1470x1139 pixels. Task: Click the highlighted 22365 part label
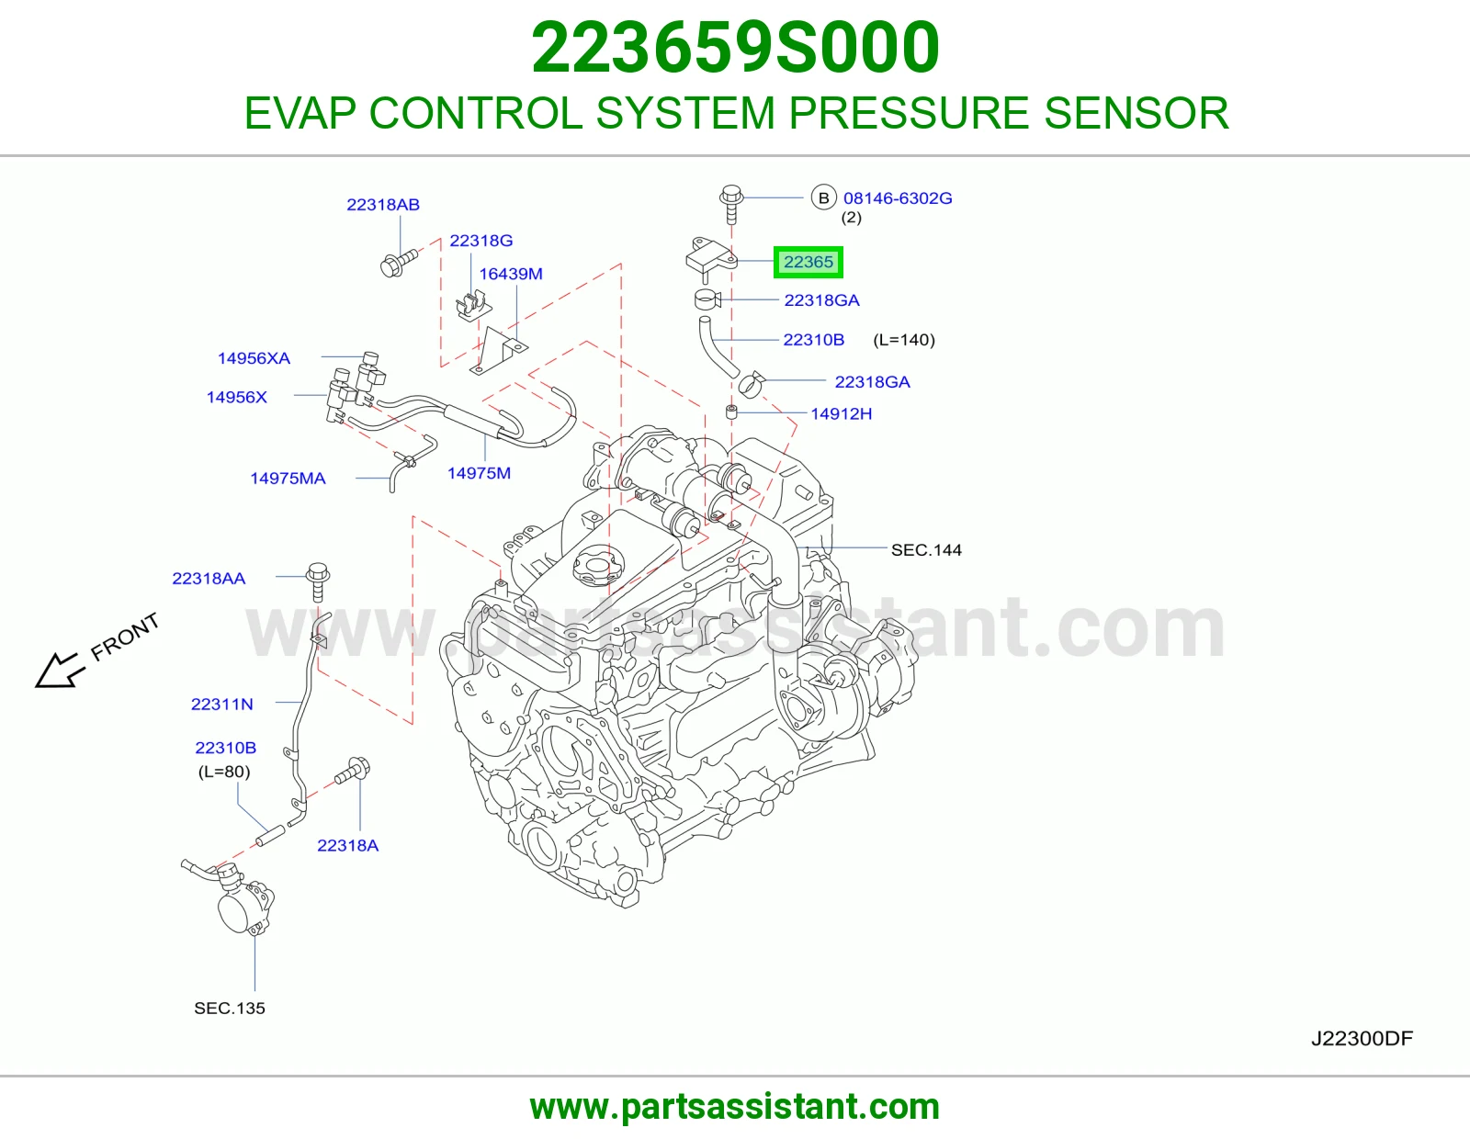coord(808,262)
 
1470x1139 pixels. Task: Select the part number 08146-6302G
coord(898,198)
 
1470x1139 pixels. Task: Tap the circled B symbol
coord(823,198)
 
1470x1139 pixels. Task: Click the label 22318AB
coord(383,204)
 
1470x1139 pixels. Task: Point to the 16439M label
coord(511,274)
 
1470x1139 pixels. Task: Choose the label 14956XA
coord(254,358)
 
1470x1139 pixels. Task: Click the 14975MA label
coord(288,479)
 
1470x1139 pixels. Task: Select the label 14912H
coord(841,414)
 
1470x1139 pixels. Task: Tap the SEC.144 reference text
coord(926,550)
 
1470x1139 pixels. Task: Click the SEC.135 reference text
coord(230,1008)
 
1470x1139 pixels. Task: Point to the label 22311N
coord(222,705)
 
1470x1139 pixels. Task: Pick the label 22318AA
coord(209,579)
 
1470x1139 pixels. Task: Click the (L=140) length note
coord(904,340)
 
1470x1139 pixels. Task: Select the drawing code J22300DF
coord(1362,1038)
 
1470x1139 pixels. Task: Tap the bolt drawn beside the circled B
coord(731,204)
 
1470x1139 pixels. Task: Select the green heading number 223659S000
coord(735,48)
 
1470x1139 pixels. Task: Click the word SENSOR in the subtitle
coord(1136,113)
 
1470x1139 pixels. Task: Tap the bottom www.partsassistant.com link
coord(735,1107)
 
